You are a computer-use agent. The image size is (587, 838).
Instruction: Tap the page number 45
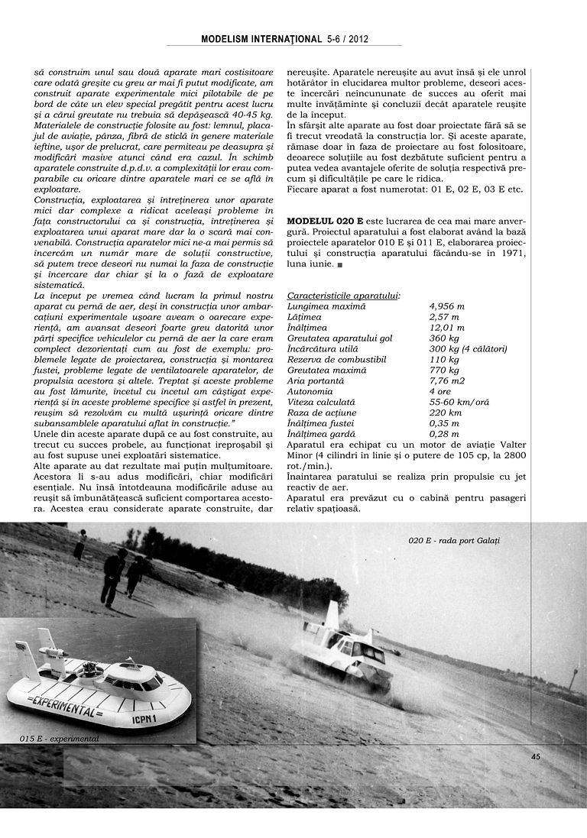(535, 756)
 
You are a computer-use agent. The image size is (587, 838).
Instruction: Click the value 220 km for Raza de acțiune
(445, 413)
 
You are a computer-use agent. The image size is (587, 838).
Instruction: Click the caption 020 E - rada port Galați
(458, 541)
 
